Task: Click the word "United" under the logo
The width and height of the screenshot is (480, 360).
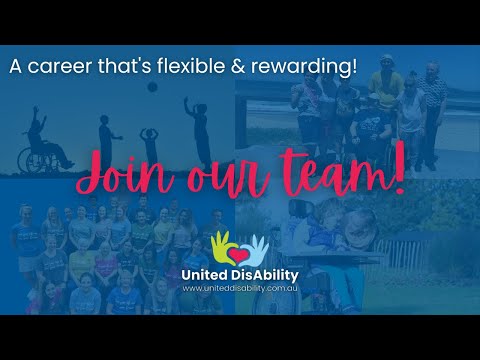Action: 204,274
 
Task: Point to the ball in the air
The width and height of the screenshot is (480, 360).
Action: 151,87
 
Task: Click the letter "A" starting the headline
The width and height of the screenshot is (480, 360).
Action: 15,68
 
